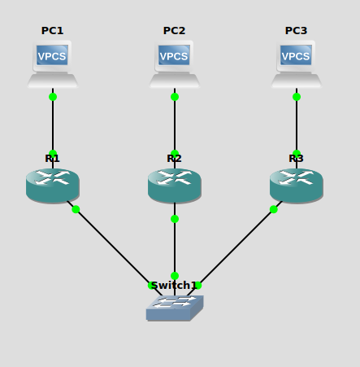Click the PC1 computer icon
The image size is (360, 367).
[x=53, y=63]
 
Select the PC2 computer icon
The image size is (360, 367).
[x=175, y=63]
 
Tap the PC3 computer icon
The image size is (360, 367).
[x=297, y=63]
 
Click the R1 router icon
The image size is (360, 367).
[x=53, y=186]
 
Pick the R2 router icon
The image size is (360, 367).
[x=175, y=186]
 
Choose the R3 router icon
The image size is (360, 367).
[x=297, y=186]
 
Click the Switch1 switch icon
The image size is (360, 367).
[x=174, y=308]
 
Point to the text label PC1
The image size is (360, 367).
[x=53, y=31]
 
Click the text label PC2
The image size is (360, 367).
[x=175, y=31]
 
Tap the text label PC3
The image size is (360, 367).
[x=297, y=31]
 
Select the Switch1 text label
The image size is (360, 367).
[x=173, y=286]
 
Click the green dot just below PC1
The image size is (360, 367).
[x=53, y=97]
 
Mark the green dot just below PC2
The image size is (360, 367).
[x=175, y=97]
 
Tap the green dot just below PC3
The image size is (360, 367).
[x=297, y=97]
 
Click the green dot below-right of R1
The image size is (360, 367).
[x=76, y=209]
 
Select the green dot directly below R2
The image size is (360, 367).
[x=175, y=219]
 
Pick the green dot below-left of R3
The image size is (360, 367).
[x=274, y=209]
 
